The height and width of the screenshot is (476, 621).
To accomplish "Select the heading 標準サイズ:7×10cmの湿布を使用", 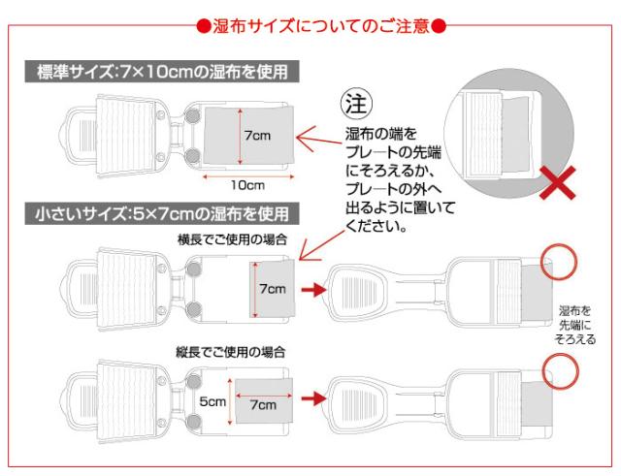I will (163, 71).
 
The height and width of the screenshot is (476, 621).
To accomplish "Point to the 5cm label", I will (212, 400).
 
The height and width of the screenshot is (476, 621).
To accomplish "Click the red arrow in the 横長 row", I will (312, 289).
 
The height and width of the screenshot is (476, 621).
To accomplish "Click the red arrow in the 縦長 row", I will (312, 398).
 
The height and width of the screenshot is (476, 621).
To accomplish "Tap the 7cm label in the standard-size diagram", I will (258, 136).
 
